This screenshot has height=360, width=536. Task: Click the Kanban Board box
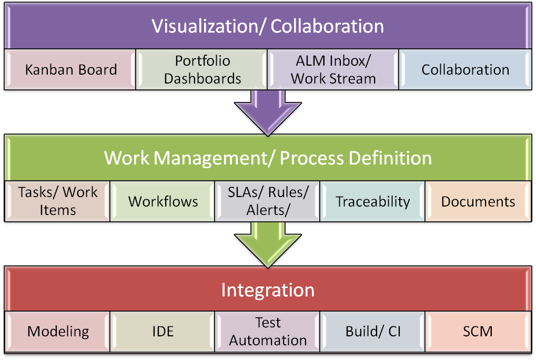click(70, 69)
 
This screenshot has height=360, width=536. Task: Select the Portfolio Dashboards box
click(203, 69)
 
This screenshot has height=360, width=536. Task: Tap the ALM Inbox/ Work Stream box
click(333, 69)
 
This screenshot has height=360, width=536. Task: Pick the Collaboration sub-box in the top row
click(465, 69)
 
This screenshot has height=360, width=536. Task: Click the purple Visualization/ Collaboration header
click(268, 26)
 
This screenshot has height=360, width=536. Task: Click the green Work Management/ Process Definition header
click(268, 158)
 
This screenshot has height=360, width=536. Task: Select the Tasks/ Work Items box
click(57, 201)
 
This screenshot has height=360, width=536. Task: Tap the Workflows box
click(163, 201)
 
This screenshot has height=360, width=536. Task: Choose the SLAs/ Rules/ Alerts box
click(268, 201)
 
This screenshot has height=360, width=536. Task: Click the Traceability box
click(372, 201)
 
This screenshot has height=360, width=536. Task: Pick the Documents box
click(478, 201)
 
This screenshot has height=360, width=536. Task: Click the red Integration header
click(268, 290)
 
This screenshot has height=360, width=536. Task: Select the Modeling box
click(58, 332)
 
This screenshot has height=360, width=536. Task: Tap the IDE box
click(163, 332)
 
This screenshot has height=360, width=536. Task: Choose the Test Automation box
click(268, 332)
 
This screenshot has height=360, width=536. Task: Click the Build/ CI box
click(372, 332)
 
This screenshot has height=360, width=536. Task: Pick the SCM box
click(478, 332)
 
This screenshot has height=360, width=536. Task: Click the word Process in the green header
click(313, 158)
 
